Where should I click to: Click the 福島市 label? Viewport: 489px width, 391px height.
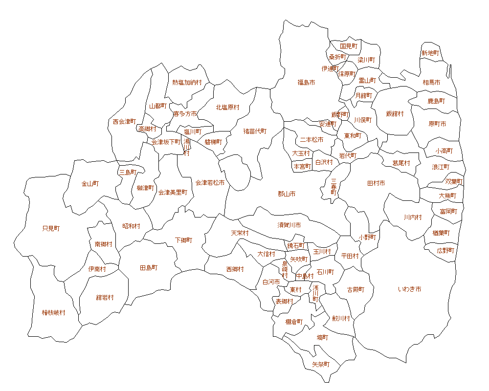306,83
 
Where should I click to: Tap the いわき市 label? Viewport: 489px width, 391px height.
410,289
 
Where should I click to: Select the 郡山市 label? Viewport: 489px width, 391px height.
287,194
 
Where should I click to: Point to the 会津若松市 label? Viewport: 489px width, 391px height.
210,183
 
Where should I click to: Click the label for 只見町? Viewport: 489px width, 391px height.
51,228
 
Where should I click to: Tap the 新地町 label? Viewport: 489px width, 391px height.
430,53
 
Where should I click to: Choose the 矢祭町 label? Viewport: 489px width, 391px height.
321,365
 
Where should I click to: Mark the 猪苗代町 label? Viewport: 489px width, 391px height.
255,131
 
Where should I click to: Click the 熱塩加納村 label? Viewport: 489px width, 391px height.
187,83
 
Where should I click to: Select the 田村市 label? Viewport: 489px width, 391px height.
376,183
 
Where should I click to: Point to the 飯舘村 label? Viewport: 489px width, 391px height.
395,113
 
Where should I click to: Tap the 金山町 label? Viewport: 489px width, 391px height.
90,184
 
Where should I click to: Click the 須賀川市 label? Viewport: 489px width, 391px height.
289,225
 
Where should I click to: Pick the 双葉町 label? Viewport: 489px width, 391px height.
454,181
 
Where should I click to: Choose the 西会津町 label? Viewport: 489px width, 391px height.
124,121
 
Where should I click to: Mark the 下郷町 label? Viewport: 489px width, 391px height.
184,240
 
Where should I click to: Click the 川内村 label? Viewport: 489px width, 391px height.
413,217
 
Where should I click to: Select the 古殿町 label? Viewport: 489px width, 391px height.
356,289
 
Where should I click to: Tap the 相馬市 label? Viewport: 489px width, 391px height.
431,83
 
